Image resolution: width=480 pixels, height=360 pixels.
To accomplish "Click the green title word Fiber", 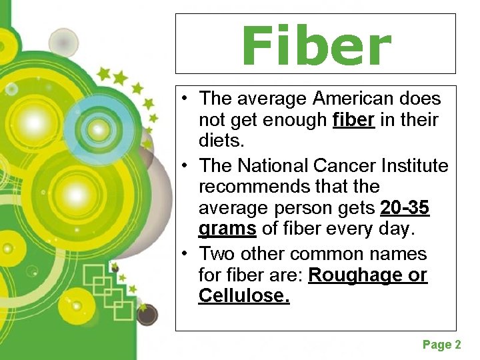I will tap(316, 45).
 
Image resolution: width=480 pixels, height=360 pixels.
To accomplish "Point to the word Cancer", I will tap(329, 165).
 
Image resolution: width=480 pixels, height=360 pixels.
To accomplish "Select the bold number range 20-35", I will tap(405, 209).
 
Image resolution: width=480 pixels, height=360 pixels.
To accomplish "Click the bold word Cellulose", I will tap(244, 296).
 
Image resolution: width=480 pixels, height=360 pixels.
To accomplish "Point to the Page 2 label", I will tap(441, 345).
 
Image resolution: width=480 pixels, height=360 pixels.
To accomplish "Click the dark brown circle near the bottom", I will tap(147, 313).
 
